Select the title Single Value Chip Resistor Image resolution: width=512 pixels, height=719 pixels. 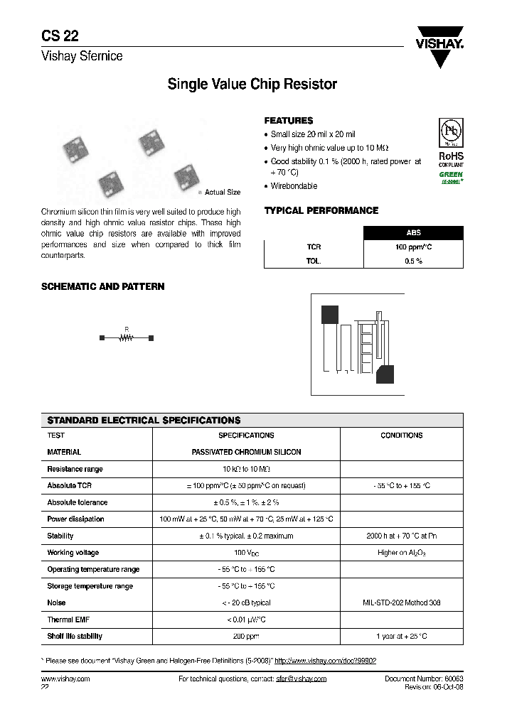coord(252,85)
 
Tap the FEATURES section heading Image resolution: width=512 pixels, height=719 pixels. coord(288,121)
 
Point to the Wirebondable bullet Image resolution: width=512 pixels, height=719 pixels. coord(294,186)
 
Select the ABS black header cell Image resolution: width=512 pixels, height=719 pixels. coord(413,233)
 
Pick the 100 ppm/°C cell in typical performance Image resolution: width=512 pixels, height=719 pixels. coord(413,247)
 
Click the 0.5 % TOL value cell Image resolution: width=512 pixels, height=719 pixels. coord(413,261)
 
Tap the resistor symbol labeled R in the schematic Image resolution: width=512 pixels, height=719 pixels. coord(127,337)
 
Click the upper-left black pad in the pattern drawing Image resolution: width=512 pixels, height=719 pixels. coord(330,314)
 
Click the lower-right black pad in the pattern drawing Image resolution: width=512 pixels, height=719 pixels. coord(385,374)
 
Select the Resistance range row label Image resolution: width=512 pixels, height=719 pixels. coord(75,469)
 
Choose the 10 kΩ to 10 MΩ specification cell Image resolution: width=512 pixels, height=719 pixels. coord(246,469)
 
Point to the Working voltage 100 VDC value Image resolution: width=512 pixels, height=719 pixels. coord(246,553)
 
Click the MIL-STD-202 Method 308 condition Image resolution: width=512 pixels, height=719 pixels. coord(401,602)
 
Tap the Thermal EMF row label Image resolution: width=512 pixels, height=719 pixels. coord(67,620)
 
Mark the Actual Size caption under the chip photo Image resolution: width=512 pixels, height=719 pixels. coord(222,193)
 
